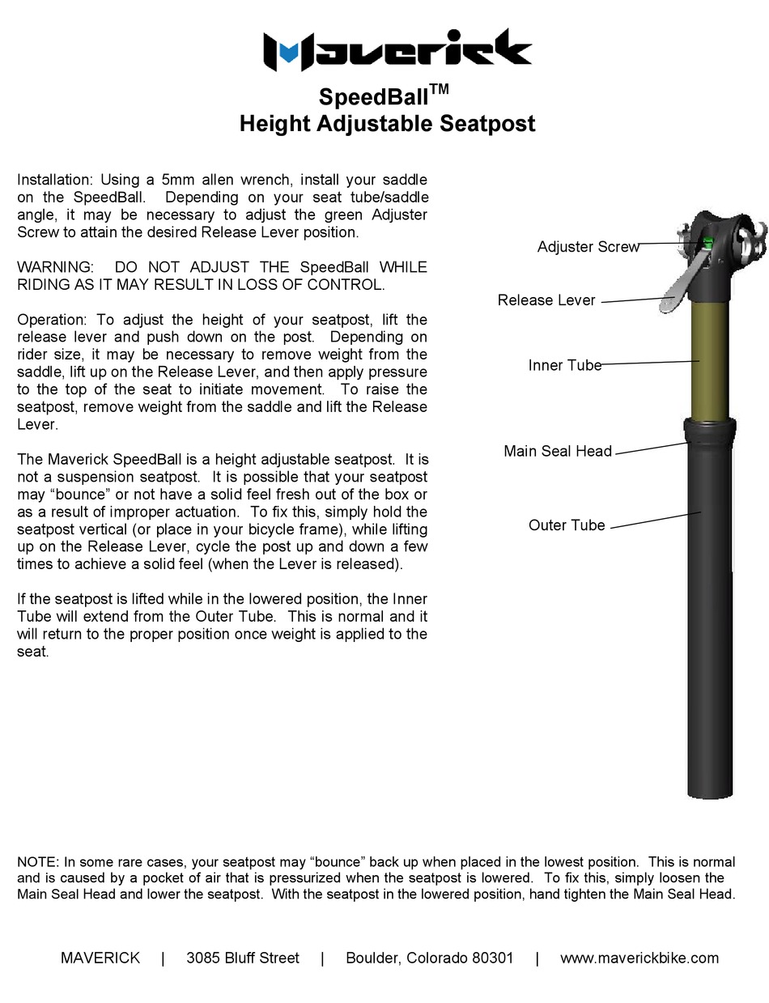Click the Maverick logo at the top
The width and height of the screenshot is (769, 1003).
(x=397, y=50)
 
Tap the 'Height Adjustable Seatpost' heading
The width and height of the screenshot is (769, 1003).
(x=387, y=124)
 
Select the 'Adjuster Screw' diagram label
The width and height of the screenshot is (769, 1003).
(x=588, y=247)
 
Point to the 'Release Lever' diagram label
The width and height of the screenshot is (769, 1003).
(x=546, y=300)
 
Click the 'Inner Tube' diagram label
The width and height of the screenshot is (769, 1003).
(x=564, y=365)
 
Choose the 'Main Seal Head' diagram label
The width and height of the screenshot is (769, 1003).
(x=557, y=451)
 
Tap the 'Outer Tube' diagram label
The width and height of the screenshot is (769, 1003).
(x=567, y=525)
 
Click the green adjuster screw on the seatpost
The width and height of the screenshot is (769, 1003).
(x=707, y=243)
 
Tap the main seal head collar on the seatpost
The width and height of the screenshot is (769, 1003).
(x=710, y=431)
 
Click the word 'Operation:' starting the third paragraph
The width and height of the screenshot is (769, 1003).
(x=52, y=320)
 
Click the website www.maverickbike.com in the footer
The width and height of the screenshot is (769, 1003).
(x=639, y=958)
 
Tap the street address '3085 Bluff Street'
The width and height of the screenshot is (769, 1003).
(x=243, y=958)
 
